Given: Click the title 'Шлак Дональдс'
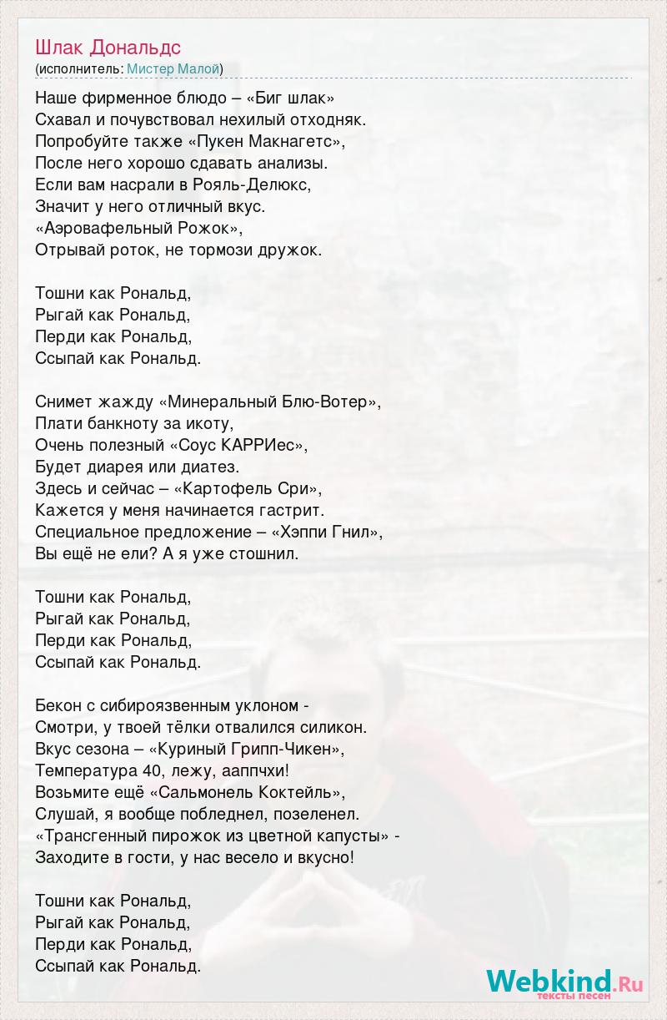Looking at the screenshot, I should [108, 48].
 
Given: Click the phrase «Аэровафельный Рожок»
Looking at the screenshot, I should [139, 228].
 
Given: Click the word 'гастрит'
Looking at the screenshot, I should [296, 510].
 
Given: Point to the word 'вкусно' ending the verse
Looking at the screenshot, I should [328, 857].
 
